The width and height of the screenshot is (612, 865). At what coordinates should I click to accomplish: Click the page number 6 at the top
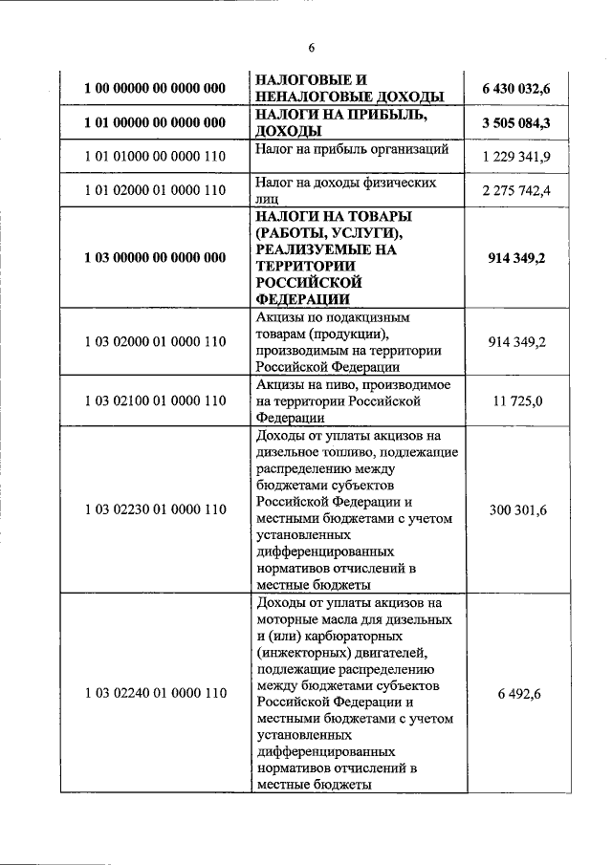[x=311, y=49]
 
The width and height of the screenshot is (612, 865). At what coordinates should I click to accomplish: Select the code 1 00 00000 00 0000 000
[x=154, y=88]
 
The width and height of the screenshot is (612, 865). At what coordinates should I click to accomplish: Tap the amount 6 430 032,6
[x=523, y=88]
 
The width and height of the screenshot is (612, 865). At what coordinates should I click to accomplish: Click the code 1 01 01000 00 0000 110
[x=154, y=156]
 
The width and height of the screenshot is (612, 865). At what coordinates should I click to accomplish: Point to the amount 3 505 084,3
[x=523, y=122]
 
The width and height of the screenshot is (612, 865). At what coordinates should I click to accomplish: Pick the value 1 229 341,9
[x=524, y=156]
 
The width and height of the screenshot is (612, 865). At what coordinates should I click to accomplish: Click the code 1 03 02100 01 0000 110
[x=154, y=401]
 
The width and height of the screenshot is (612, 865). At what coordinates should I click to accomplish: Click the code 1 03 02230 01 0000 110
[x=154, y=510]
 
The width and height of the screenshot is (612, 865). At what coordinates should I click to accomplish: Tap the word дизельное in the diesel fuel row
[x=289, y=452]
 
